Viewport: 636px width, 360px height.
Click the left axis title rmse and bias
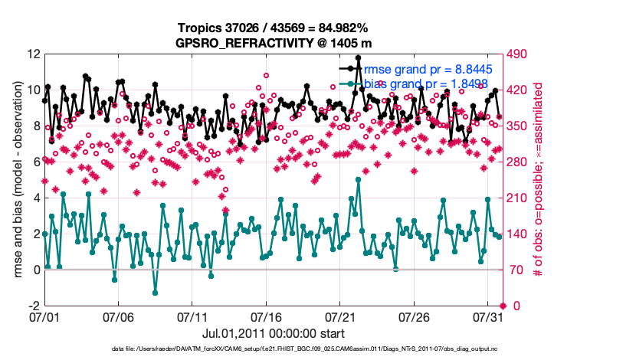[x=18, y=180]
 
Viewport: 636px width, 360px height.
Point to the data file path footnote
[x=313, y=349]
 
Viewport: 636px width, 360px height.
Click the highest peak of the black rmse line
[x=358, y=57]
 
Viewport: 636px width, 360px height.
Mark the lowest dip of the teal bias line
[x=155, y=293]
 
